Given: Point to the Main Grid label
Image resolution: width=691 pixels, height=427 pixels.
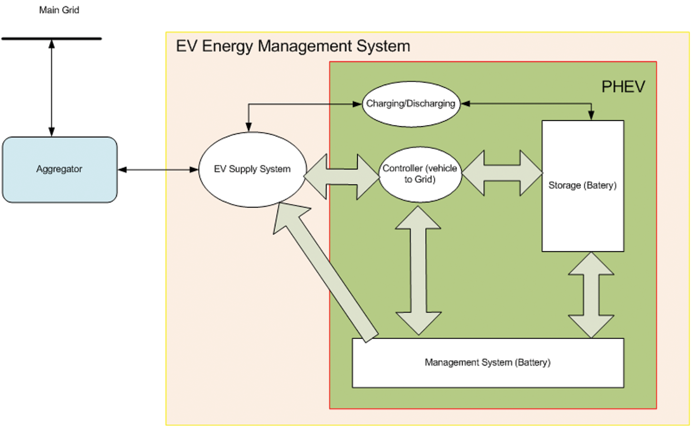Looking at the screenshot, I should pyautogui.click(x=59, y=10).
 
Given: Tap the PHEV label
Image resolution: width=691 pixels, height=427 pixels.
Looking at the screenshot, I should pyautogui.click(x=623, y=87).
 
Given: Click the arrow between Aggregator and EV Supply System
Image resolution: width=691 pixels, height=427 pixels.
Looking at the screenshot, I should pyautogui.click(x=158, y=170).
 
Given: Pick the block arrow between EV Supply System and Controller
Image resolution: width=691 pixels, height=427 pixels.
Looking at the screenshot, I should pyautogui.click(x=342, y=176).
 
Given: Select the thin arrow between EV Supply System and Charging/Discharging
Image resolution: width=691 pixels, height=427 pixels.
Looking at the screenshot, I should pyautogui.click(x=301, y=104).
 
